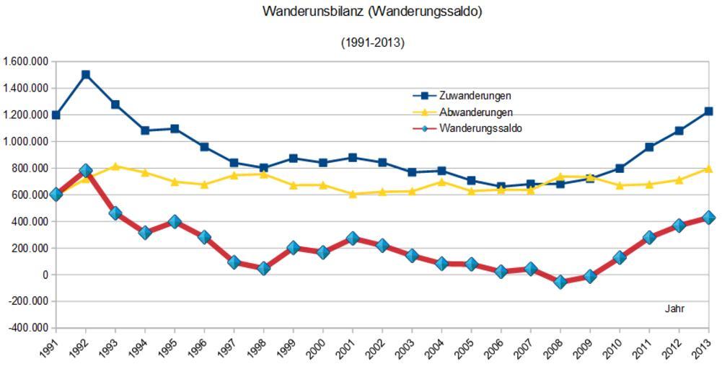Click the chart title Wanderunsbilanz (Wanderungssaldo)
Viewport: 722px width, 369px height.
click(x=372, y=12)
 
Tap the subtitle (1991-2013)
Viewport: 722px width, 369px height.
click(x=372, y=43)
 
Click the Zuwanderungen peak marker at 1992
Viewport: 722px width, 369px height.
click(x=86, y=74)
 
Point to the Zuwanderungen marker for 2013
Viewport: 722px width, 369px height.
click(x=708, y=111)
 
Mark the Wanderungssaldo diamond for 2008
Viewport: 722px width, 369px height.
click(x=560, y=282)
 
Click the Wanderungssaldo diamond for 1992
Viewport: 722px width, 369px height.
click(x=86, y=171)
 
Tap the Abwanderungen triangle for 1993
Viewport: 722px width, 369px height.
click(x=115, y=166)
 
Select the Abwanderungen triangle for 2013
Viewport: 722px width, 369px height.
click(x=708, y=169)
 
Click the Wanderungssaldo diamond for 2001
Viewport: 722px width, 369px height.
click(x=353, y=239)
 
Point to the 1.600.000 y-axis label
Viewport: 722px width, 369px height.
click(x=25, y=62)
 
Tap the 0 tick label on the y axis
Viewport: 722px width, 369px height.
click(x=45, y=275)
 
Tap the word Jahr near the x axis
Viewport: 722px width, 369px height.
click(x=674, y=308)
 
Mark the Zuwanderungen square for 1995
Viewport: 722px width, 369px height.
click(x=175, y=128)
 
